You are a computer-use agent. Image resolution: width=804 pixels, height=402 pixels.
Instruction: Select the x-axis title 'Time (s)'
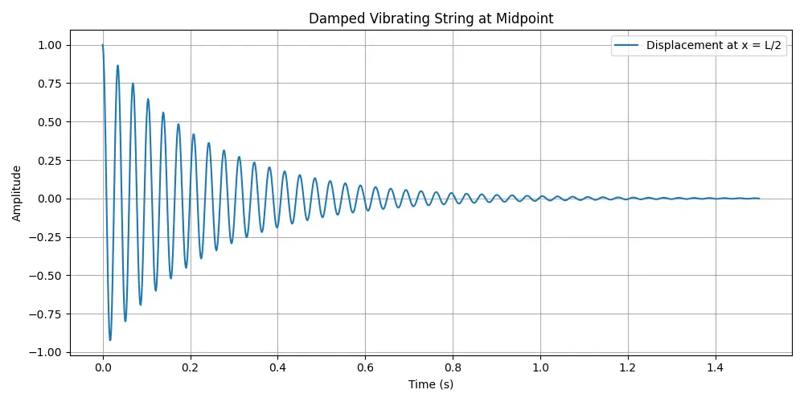(x=430, y=384)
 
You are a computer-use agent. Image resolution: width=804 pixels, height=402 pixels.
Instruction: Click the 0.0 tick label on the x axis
(x=103, y=367)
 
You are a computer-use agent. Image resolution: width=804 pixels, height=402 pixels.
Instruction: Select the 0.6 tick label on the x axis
(x=366, y=367)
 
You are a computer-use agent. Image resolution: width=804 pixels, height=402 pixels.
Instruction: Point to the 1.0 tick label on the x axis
(x=540, y=367)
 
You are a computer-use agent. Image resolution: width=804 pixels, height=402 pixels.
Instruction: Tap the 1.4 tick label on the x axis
(x=716, y=367)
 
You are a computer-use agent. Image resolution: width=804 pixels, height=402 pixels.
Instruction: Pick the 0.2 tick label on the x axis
(x=191, y=367)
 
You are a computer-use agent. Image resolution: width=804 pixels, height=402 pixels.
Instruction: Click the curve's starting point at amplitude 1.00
(x=103, y=45)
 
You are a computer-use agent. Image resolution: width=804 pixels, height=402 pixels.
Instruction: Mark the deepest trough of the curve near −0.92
(x=110, y=340)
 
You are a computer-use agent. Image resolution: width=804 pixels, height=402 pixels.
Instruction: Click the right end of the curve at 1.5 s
(x=759, y=199)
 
